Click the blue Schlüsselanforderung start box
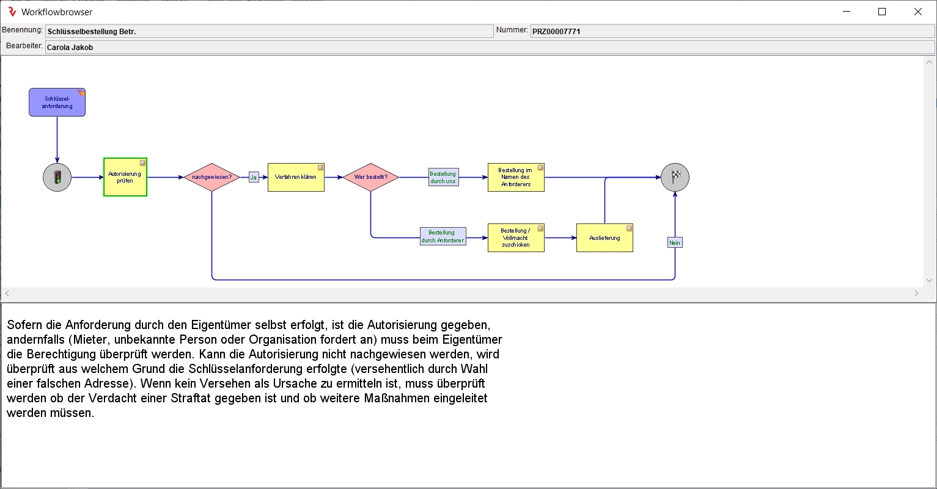57,102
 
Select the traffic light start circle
57,178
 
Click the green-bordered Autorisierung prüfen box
125,177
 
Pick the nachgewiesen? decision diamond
211,177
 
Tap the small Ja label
254,177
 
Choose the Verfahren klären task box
296,177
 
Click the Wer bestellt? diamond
370,177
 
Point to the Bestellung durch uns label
443,177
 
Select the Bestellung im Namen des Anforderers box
516,177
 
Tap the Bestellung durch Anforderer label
443,236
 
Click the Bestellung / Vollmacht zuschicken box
516,237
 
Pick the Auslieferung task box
604,237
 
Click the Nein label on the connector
675,242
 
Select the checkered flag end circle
675,177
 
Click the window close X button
918,12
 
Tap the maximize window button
882,12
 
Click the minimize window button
846,12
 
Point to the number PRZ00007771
556,31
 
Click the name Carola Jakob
70,47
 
